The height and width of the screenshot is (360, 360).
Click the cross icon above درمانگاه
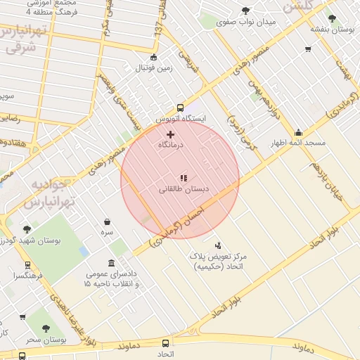(170, 134)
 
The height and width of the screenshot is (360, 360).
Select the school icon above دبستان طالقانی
(184, 179)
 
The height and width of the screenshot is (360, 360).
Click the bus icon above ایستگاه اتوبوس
(181, 108)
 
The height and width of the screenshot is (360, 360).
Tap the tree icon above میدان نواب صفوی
(245, 11)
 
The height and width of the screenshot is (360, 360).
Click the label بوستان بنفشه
(333, 30)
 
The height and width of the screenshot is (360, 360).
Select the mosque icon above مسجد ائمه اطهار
(298, 132)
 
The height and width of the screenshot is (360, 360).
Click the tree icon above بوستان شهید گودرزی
(27, 229)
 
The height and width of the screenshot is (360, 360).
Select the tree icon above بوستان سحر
(46, 328)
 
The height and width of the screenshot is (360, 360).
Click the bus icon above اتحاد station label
(166, 343)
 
